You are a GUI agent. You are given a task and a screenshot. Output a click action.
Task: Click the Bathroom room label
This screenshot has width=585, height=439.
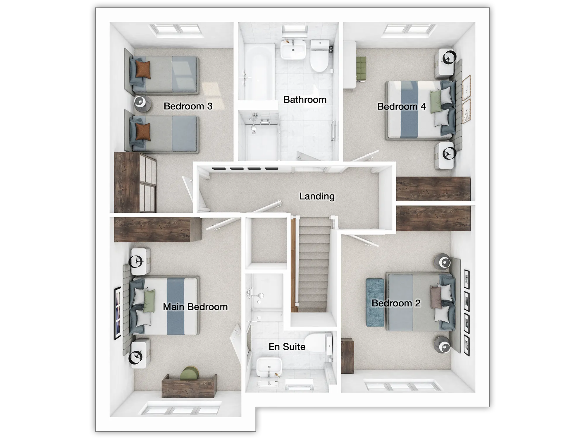point(305,100)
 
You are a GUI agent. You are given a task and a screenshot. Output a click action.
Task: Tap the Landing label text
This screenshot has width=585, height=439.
point(317,196)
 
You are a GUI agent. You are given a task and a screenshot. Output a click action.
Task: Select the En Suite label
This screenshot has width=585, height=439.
point(287,347)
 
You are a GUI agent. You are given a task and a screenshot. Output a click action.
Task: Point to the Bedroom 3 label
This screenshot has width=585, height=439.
point(188,106)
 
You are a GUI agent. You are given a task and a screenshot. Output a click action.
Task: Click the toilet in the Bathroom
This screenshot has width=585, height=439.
point(319,56)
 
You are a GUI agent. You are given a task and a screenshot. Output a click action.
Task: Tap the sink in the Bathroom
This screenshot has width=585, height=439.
point(293,50)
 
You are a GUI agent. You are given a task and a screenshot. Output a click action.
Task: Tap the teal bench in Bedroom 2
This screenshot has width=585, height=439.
point(375,302)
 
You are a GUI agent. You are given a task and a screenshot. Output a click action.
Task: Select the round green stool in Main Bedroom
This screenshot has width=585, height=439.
point(190,373)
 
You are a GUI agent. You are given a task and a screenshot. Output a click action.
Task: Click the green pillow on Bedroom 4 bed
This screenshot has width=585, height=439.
point(436,102)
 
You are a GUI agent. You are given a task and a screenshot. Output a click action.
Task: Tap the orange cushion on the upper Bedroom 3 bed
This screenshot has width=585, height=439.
point(143,69)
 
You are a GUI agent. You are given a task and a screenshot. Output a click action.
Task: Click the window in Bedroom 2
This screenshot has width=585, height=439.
point(402,386)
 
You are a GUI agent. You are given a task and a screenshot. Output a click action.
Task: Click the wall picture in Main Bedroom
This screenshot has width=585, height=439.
point(118,313)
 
